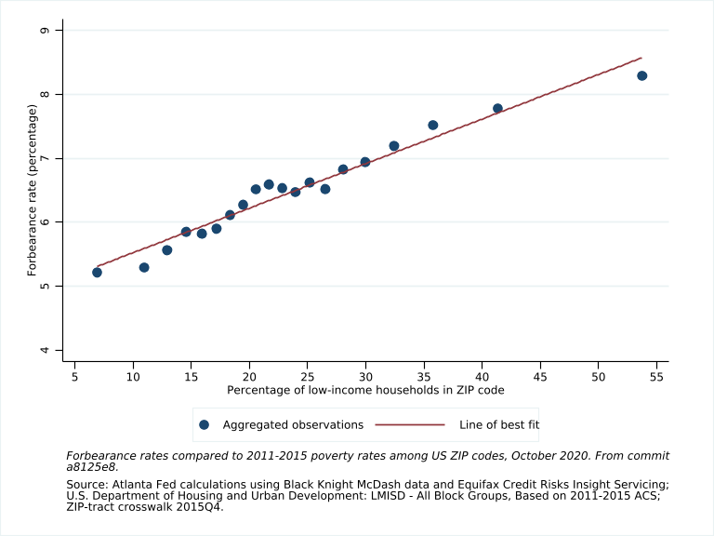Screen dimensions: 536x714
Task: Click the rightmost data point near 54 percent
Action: pos(641,75)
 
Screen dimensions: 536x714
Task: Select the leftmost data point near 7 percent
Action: pos(97,273)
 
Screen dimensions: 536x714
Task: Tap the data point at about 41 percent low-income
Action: pos(497,109)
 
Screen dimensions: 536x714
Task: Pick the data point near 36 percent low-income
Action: pos(432,125)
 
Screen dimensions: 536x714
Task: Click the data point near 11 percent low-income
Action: pos(144,267)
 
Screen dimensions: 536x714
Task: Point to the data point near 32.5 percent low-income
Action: pos(393,146)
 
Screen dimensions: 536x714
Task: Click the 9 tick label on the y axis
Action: pos(58,31)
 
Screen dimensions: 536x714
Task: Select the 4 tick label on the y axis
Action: pos(58,350)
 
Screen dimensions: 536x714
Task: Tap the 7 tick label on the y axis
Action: pos(58,158)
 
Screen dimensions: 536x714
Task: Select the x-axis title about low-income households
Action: pos(365,389)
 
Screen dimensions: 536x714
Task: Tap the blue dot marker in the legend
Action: pos(205,425)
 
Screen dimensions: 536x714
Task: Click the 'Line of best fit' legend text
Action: pos(499,425)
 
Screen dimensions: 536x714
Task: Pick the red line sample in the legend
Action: pos(410,425)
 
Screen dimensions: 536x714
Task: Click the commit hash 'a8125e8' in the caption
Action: pos(92,467)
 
